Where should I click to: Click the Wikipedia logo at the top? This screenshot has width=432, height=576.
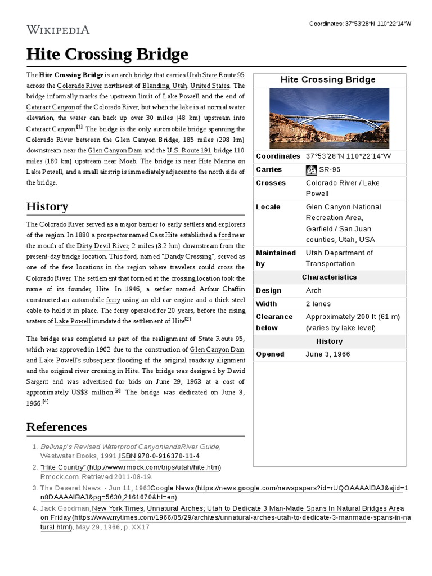point(58,29)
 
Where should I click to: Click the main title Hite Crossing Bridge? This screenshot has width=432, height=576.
point(107,55)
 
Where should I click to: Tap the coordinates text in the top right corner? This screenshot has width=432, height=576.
point(360,24)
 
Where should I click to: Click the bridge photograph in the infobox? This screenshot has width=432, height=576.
point(329,118)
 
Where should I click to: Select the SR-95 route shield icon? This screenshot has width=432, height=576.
point(311,170)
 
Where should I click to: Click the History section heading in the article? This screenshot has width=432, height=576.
point(47,206)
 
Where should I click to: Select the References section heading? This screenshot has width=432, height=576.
point(56,426)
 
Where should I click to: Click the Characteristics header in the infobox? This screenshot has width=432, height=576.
point(329,277)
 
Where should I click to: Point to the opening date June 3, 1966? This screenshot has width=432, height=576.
point(327,354)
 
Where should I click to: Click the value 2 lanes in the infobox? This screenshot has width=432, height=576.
point(319,304)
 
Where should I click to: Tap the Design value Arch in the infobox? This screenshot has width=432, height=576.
point(314,291)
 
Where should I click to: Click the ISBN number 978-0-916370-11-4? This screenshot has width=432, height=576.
point(169,456)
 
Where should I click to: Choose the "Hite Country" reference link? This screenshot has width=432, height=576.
point(63,467)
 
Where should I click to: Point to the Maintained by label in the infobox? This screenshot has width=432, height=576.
point(276,258)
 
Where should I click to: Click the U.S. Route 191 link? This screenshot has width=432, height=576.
point(189,151)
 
